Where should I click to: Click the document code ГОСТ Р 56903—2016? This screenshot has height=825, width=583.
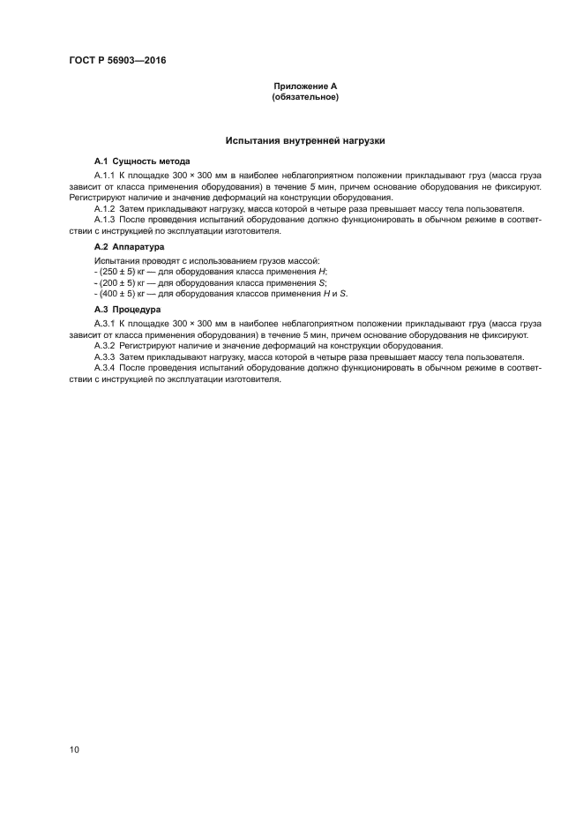[117, 61]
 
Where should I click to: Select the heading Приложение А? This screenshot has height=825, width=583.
[305, 86]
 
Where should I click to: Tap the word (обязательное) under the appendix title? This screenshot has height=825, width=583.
[305, 96]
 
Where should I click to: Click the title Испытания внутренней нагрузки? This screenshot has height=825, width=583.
[305, 140]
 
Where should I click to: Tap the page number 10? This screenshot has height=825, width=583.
[74, 749]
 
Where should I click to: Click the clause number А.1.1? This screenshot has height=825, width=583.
[106, 177]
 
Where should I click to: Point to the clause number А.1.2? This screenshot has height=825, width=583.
[106, 209]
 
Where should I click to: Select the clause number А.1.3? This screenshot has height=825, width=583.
[106, 220]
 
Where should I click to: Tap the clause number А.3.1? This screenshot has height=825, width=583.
[106, 325]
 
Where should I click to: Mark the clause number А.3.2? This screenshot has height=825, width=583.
[106, 346]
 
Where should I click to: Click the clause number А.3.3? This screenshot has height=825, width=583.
[106, 356]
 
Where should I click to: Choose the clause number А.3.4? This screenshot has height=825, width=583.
[106, 367]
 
